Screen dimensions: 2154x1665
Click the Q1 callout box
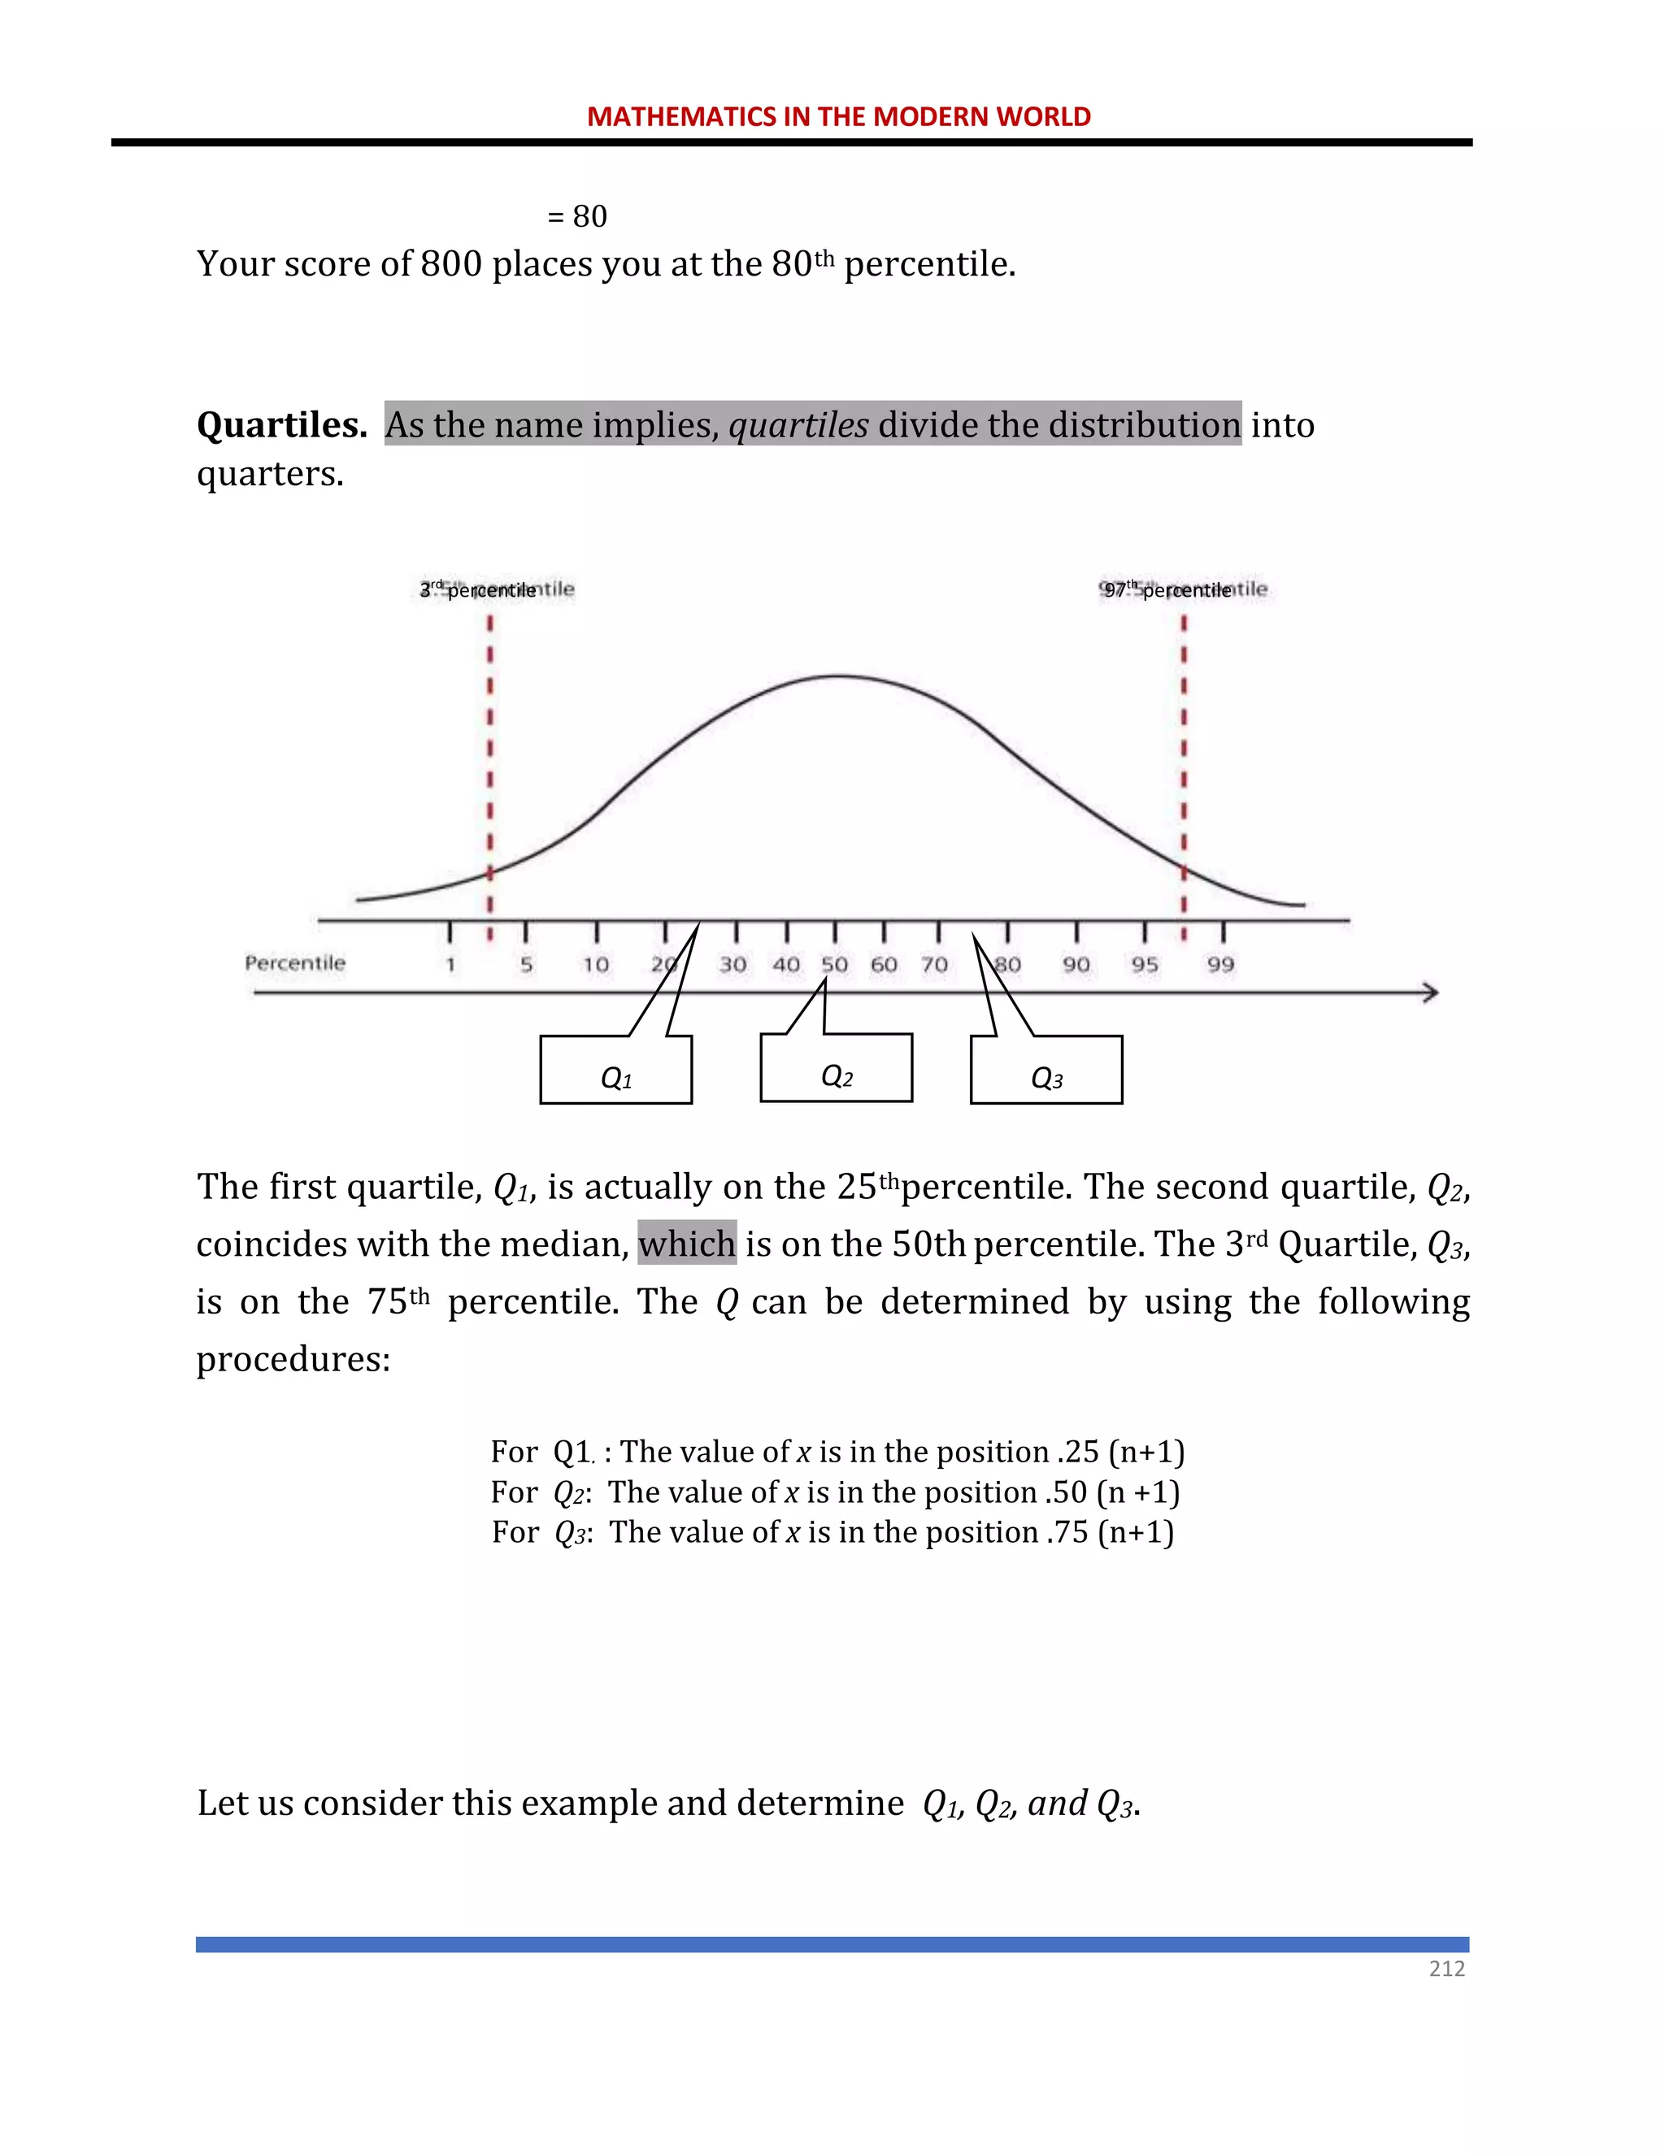pyautogui.click(x=615, y=1071)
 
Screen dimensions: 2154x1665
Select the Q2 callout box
pyautogui.click(x=836, y=1069)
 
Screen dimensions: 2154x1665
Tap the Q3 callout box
pyautogui.click(x=1046, y=1071)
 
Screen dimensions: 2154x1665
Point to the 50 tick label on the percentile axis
pyautogui.click(x=834, y=965)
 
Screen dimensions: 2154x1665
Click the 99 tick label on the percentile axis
pyautogui.click(x=1220, y=965)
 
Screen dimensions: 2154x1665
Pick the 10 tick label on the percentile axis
pyautogui.click(x=595, y=965)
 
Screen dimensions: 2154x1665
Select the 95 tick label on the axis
pyautogui.click(x=1144, y=965)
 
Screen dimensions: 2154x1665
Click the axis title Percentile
pyautogui.click(x=295, y=962)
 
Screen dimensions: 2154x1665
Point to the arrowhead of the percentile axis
pyautogui.click(x=1430, y=992)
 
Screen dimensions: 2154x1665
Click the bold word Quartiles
pyautogui.click(x=281, y=425)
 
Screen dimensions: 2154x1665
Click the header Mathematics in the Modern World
pyautogui.click(x=838, y=116)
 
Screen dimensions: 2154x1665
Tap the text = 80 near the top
pyautogui.click(x=577, y=216)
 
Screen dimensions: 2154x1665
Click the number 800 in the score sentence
pyautogui.click(x=450, y=264)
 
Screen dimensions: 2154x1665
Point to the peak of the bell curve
pyautogui.click(x=838, y=675)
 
